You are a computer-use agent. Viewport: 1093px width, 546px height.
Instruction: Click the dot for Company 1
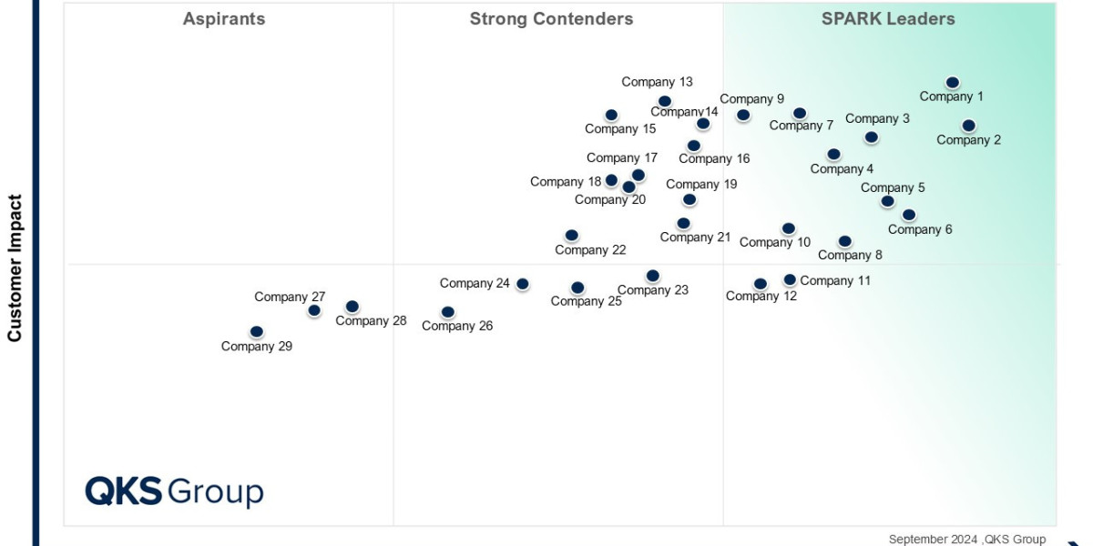point(952,83)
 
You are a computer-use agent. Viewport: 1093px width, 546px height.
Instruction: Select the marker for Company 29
point(257,332)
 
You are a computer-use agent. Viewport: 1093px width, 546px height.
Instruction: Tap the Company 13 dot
point(665,102)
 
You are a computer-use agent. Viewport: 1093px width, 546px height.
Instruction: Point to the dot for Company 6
point(908,215)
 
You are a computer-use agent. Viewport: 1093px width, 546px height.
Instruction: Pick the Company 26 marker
point(447,312)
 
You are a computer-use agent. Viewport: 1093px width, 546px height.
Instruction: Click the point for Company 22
point(571,236)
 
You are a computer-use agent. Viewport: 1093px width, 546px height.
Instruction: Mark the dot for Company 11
point(790,280)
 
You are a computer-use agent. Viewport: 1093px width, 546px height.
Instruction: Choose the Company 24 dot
point(523,284)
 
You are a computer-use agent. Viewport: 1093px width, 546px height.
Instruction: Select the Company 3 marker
point(871,137)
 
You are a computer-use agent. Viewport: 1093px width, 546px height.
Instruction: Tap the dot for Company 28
point(352,307)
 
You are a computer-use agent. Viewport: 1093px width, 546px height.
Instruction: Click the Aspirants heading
point(224,19)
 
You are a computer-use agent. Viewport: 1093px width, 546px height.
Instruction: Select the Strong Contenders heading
point(551,19)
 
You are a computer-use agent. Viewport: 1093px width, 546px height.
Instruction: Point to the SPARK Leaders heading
point(888,19)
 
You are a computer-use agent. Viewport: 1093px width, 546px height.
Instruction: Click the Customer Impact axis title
point(15,268)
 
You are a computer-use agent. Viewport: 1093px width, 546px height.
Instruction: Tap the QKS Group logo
point(174,491)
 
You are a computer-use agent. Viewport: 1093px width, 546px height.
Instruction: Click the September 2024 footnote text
point(966,540)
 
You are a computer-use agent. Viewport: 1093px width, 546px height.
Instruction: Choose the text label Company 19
point(701,184)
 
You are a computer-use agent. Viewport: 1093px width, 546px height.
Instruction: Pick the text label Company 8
point(850,255)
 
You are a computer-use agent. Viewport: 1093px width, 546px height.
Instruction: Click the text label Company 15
point(620,129)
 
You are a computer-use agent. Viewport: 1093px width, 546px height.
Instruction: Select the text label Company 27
point(290,297)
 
